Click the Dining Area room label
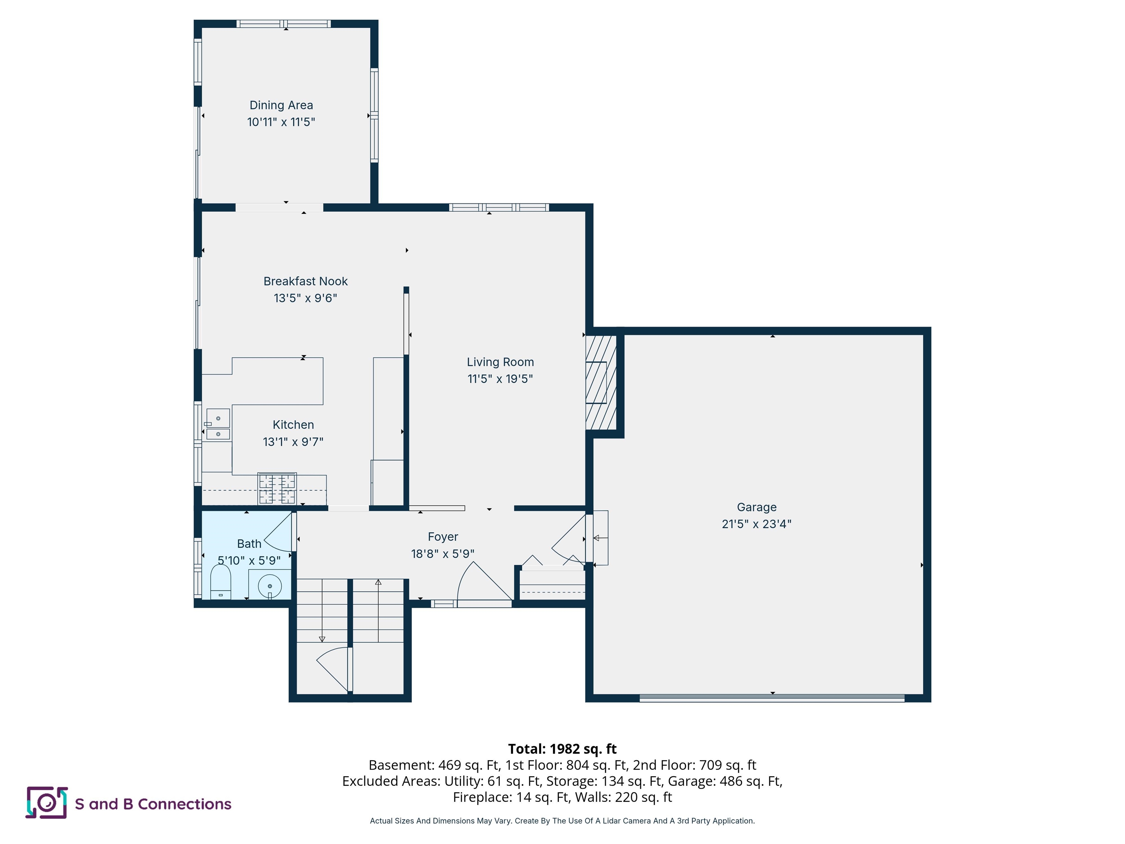click(281, 105)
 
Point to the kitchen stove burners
click(277, 488)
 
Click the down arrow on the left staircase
click(322, 639)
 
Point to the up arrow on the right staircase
click(378, 582)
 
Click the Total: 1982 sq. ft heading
click(562, 749)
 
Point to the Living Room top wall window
click(498, 208)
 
